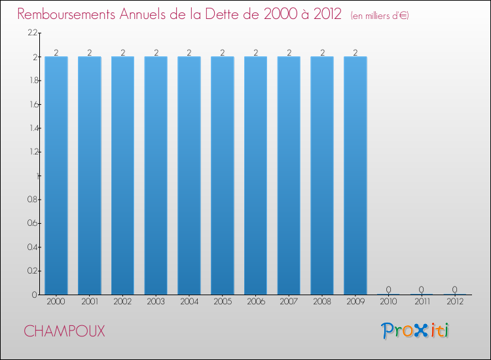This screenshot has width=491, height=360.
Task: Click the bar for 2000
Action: point(56,175)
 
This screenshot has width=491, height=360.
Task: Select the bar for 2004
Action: point(189,175)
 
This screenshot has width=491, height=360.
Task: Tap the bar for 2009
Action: point(355,175)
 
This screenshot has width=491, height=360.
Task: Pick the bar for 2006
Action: point(255,175)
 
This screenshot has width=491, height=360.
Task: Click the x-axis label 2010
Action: point(388,302)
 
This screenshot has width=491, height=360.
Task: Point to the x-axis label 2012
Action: point(455,302)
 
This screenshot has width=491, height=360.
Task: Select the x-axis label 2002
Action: point(122,302)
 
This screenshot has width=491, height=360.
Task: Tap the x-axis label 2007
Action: point(289,302)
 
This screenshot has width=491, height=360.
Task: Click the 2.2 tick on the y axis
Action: point(32,33)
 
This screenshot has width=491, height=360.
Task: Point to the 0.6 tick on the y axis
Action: point(32,223)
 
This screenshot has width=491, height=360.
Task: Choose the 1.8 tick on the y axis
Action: point(32,81)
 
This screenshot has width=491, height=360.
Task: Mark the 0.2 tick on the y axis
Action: point(32,270)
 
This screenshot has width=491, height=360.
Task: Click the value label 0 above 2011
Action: point(422,289)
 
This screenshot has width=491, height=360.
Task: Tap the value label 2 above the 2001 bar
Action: point(90,52)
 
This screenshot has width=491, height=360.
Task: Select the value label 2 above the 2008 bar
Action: point(322,52)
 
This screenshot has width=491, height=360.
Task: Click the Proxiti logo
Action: point(414,331)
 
